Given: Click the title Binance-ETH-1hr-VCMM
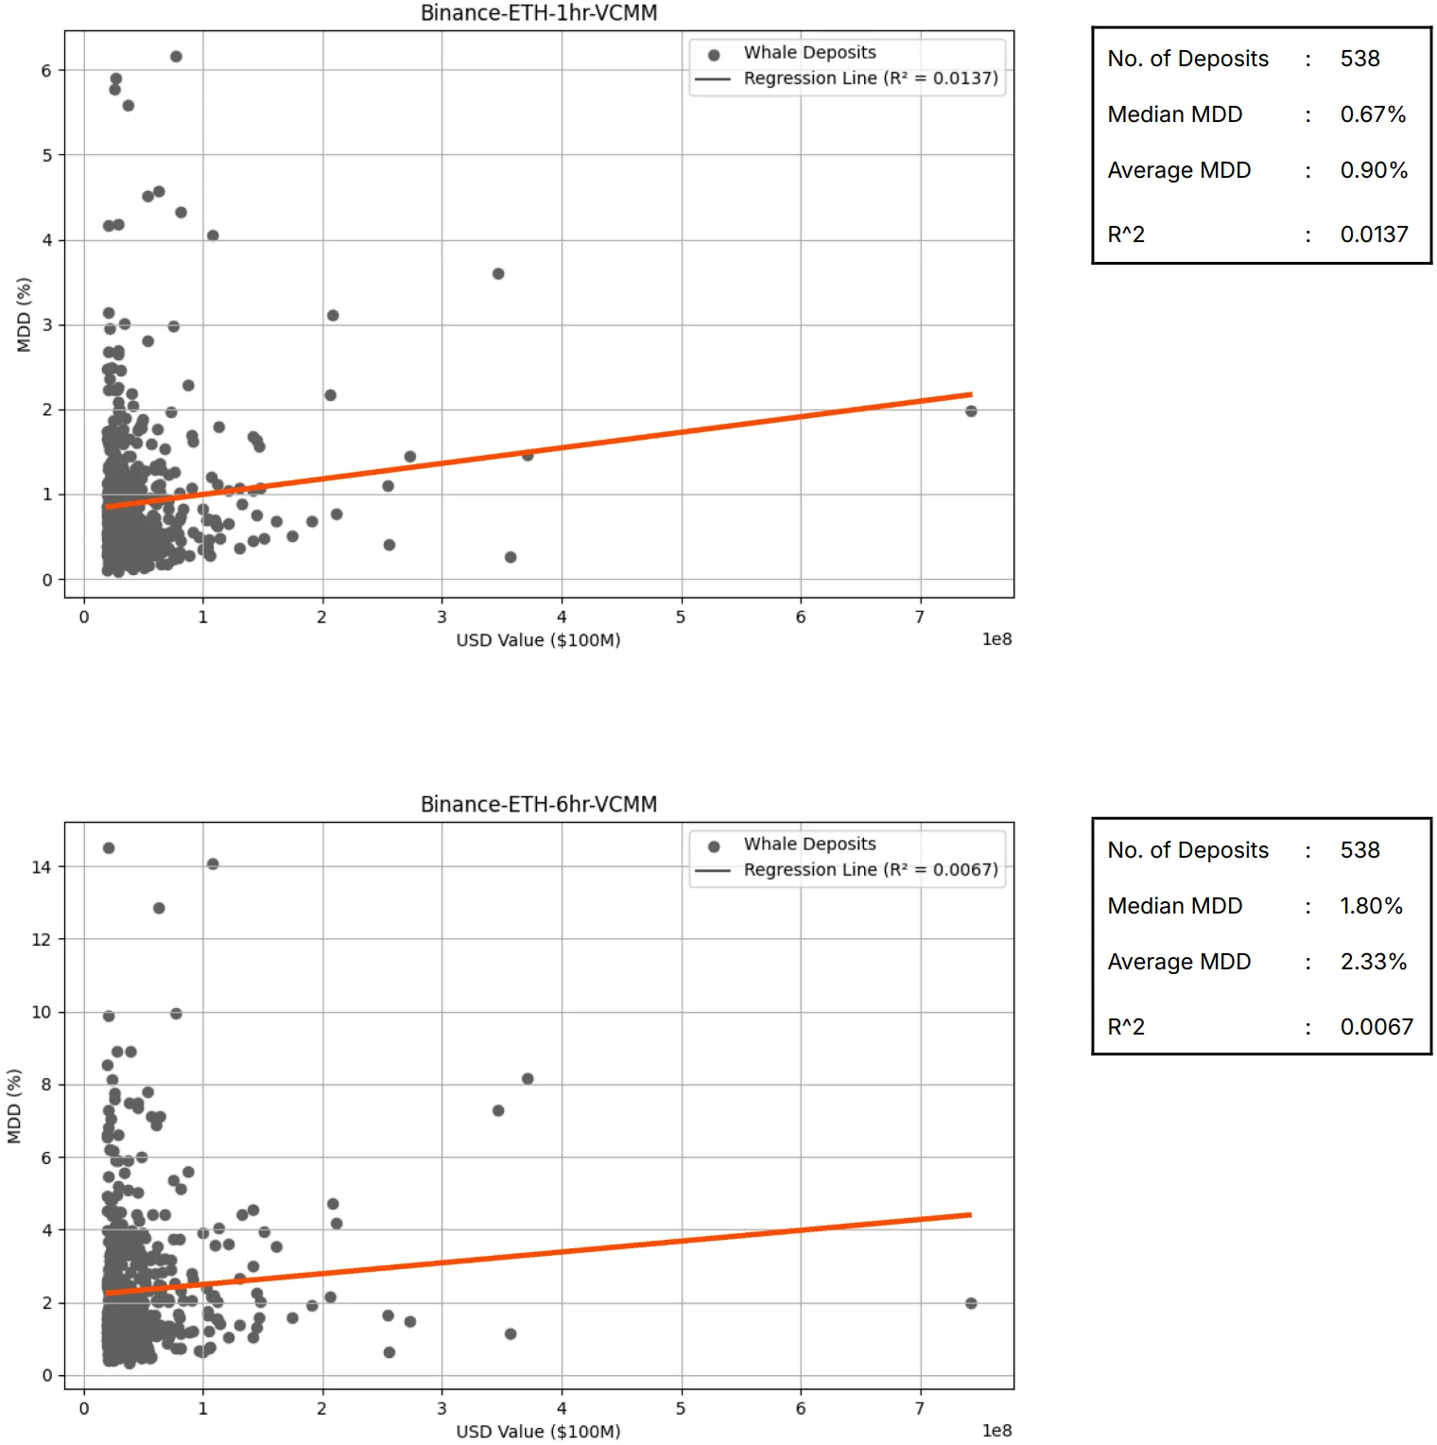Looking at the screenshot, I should [539, 13].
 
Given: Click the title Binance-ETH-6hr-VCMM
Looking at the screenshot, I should [539, 805].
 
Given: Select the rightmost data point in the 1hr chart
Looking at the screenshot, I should [971, 411].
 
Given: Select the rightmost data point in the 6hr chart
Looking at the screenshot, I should [971, 1303].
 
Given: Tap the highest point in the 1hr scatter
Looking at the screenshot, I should [176, 57].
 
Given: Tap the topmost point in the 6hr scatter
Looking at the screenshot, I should [109, 848].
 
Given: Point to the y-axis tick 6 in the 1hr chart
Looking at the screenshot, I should [46, 71].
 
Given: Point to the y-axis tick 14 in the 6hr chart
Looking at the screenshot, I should [42, 867].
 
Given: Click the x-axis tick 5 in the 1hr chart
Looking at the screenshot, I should [681, 618].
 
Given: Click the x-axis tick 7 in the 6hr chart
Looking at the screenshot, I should [920, 1409].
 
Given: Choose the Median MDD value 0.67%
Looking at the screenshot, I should [1373, 114].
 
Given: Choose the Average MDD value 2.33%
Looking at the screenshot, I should [1373, 962].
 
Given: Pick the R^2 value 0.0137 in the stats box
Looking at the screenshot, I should [1374, 235].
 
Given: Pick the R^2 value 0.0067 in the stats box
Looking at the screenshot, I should [1376, 1027].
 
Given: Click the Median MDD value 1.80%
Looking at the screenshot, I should [1371, 906].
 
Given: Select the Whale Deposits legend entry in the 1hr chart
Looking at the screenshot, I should [809, 53].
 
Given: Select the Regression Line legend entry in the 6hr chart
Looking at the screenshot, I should [870, 870].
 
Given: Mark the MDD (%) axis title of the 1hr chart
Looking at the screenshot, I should [25, 315].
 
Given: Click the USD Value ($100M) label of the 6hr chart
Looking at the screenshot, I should [538, 1432].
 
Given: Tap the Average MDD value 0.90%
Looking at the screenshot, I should [1374, 170].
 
